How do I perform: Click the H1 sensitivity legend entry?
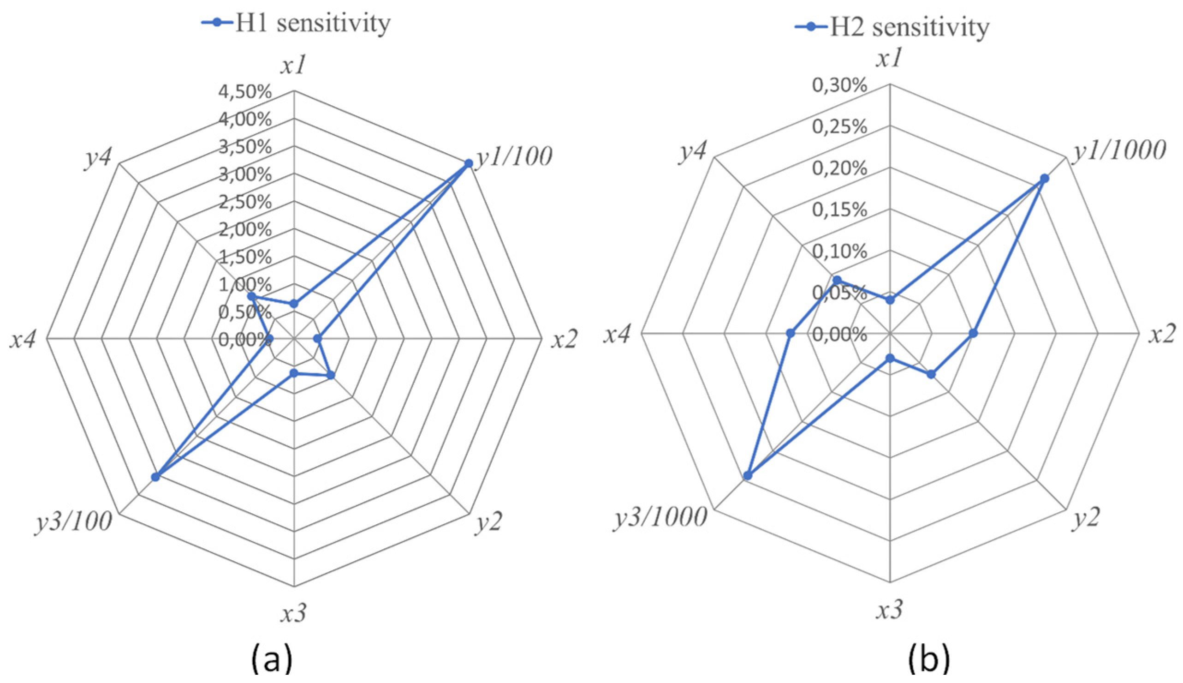pyautogui.click(x=295, y=23)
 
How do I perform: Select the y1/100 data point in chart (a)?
pyautogui.click(x=468, y=163)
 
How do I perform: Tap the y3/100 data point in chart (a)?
pyautogui.click(x=155, y=477)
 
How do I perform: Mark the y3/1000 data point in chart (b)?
pyautogui.click(x=748, y=476)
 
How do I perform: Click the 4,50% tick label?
pyautogui.click(x=244, y=92)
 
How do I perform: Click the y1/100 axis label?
pyautogui.click(x=514, y=157)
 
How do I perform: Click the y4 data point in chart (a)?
pyautogui.click(x=251, y=296)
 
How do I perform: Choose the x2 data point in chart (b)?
pyautogui.click(x=973, y=334)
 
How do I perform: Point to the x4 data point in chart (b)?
pyautogui.click(x=790, y=334)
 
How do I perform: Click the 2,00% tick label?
pyautogui.click(x=244, y=230)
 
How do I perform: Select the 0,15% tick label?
pyautogui.click(x=839, y=210)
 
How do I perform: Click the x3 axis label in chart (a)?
pyautogui.click(x=294, y=613)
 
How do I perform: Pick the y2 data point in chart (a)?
pyautogui.click(x=330, y=375)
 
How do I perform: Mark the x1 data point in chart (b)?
pyautogui.click(x=890, y=300)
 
